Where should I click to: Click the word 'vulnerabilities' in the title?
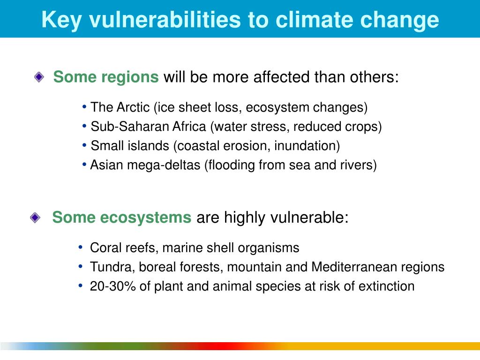165,20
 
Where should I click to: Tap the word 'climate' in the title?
315,20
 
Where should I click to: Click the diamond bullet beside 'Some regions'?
39,77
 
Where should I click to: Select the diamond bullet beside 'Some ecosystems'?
35,217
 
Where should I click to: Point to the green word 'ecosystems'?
146,217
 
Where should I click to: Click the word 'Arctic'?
133,107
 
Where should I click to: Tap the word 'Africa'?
189,127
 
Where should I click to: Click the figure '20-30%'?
112,286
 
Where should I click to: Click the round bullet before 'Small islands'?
84,145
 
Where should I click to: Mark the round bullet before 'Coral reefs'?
81,247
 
